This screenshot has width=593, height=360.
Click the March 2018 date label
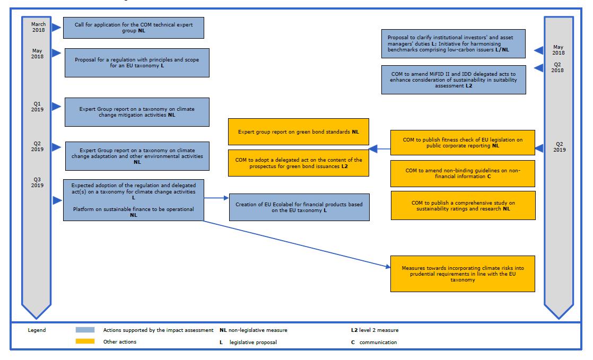point(38,28)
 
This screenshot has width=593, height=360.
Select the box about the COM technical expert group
point(133,28)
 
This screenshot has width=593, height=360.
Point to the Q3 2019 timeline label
point(38,182)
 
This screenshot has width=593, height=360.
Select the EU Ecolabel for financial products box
point(299,207)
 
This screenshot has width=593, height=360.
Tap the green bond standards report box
point(298,131)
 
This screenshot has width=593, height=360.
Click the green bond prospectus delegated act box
point(298,163)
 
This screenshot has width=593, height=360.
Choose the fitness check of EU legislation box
point(463,143)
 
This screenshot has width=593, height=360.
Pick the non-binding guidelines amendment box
point(463,173)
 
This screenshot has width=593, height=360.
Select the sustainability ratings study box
point(463,205)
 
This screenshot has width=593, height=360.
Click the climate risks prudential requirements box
point(462,274)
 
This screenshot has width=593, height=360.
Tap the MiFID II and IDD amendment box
point(454,80)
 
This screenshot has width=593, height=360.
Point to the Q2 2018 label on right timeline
point(558,67)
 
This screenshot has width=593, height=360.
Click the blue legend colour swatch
point(85,330)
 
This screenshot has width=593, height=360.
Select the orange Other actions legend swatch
point(85,342)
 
